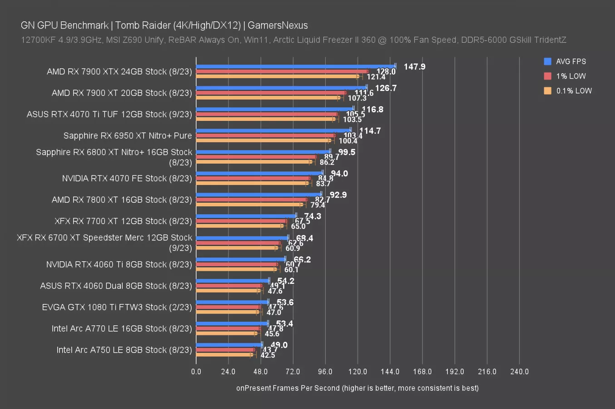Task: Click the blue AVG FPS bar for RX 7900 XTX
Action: pyautogui.click(x=295, y=66)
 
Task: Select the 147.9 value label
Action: pyautogui.click(x=414, y=67)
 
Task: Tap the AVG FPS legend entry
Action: pyautogui.click(x=570, y=61)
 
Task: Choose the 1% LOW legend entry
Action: pyautogui.click(x=570, y=76)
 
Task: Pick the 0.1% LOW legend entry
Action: pyautogui.click(x=574, y=90)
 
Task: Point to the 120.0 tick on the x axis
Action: pyautogui.click(x=357, y=372)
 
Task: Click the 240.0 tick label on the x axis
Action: pyautogui.click(x=519, y=372)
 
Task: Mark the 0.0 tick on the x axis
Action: pyautogui.click(x=196, y=372)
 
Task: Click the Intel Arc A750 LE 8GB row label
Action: pyautogui.click(x=124, y=350)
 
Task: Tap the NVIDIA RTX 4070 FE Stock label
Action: pyautogui.click(x=127, y=179)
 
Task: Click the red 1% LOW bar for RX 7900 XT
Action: pyautogui.click(x=271, y=93)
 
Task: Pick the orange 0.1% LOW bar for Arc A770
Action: pyautogui.click(x=226, y=333)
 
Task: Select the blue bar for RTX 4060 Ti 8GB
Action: pyautogui.click(x=241, y=259)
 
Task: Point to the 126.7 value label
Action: pyautogui.click(x=386, y=88)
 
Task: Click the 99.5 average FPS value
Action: pyautogui.click(x=347, y=152)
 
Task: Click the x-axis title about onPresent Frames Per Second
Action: pyautogui.click(x=357, y=388)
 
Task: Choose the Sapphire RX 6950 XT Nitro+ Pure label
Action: pyautogui.click(x=128, y=135)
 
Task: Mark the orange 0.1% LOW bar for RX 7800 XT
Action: pyautogui.click(x=249, y=204)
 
